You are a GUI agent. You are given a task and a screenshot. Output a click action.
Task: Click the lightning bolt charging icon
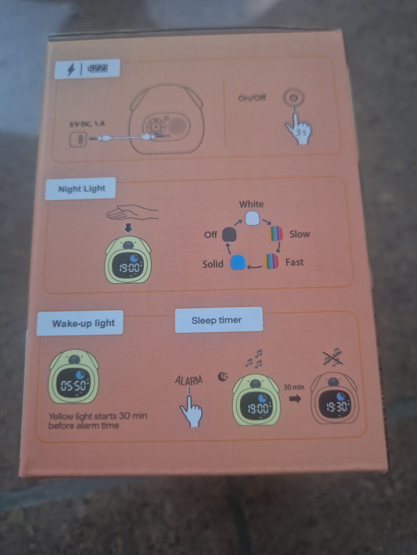71,69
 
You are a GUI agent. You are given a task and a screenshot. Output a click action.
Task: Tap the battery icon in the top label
98,69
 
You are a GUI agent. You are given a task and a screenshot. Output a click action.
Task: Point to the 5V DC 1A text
87,124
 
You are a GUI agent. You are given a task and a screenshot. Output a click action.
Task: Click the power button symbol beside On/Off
293,98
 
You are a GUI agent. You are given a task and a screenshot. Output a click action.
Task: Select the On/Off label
252,98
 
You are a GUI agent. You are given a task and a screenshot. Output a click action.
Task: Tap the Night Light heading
82,189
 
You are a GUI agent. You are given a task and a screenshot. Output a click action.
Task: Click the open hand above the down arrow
132,212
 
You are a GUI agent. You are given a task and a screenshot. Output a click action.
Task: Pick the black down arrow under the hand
129,228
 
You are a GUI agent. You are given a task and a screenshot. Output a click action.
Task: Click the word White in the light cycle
251,204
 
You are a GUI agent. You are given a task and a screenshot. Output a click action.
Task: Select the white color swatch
252,219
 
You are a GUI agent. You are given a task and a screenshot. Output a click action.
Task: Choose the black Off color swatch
229,234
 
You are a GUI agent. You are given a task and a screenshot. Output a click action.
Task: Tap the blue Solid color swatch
238,262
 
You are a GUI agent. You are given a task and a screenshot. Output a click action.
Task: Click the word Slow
299,234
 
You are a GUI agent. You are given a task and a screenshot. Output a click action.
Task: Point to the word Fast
294,262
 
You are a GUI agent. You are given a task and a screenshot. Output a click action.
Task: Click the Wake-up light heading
83,323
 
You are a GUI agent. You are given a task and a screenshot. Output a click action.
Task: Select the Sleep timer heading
216,320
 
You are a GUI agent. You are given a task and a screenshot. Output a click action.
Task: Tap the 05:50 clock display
73,385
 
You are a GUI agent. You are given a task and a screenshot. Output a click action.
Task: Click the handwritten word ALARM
189,380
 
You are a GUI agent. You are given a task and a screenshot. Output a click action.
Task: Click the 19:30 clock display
336,407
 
